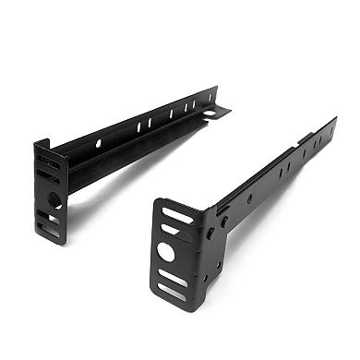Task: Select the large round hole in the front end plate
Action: tap(166, 250)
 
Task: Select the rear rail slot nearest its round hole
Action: tap(139, 123)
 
